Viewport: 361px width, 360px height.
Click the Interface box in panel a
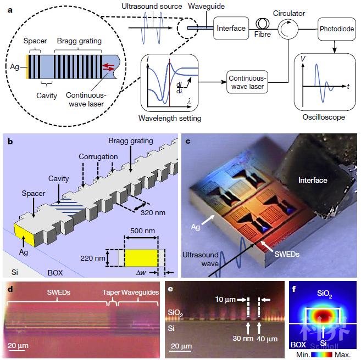pyautogui.click(x=230, y=29)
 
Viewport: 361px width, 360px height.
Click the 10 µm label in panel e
pyautogui.click(x=226, y=299)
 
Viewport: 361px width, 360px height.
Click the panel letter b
pyautogui.click(x=10, y=141)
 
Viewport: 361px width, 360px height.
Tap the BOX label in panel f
pyautogui.click(x=297, y=345)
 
